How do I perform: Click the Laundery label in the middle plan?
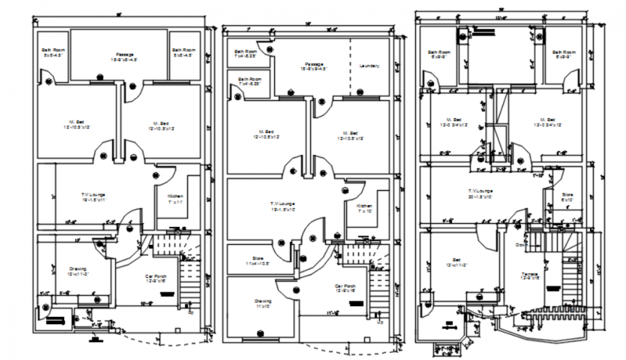click(x=368, y=66)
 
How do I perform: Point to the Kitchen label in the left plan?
click(x=176, y=197)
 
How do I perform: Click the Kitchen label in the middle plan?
click(x=365, y=206)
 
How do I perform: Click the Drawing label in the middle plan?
click(x=262, y=300)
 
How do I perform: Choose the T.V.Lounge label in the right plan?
click(x=479, y=191)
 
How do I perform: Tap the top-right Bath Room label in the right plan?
click(x=564, y=53)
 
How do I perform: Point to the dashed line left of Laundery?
click(x=350, y=65)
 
